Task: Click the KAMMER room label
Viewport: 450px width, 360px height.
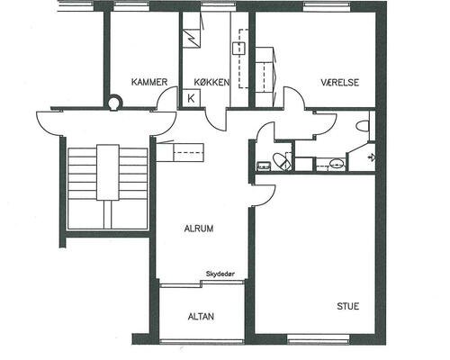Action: coord(149,82)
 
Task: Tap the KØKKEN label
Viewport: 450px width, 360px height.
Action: coord(211,82)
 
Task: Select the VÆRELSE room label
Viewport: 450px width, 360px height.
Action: coord(339,82)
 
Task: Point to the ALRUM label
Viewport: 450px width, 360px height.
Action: coord(199,229)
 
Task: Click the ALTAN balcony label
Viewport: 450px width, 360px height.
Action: coord(201,317)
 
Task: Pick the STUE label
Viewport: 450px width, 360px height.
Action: coord(348,306)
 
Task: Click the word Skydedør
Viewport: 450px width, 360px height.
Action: coord(220,274)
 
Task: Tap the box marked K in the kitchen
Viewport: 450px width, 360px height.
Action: coord(191,98)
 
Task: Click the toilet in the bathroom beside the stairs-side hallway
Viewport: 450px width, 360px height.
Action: coord(282,161)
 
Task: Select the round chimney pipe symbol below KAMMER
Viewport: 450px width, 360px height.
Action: coord(114,102)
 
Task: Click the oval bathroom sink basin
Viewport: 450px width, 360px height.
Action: coord(337,164)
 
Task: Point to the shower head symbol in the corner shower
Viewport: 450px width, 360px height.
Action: coord(372,157)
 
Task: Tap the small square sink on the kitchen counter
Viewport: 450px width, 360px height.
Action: coord(238,49)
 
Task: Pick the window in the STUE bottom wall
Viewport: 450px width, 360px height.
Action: coord(319,339)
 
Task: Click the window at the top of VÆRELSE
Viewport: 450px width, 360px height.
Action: coord(328,6)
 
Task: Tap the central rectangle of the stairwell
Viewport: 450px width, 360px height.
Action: coord(108,172)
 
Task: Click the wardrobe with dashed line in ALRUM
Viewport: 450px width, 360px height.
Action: coord(180,152)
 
